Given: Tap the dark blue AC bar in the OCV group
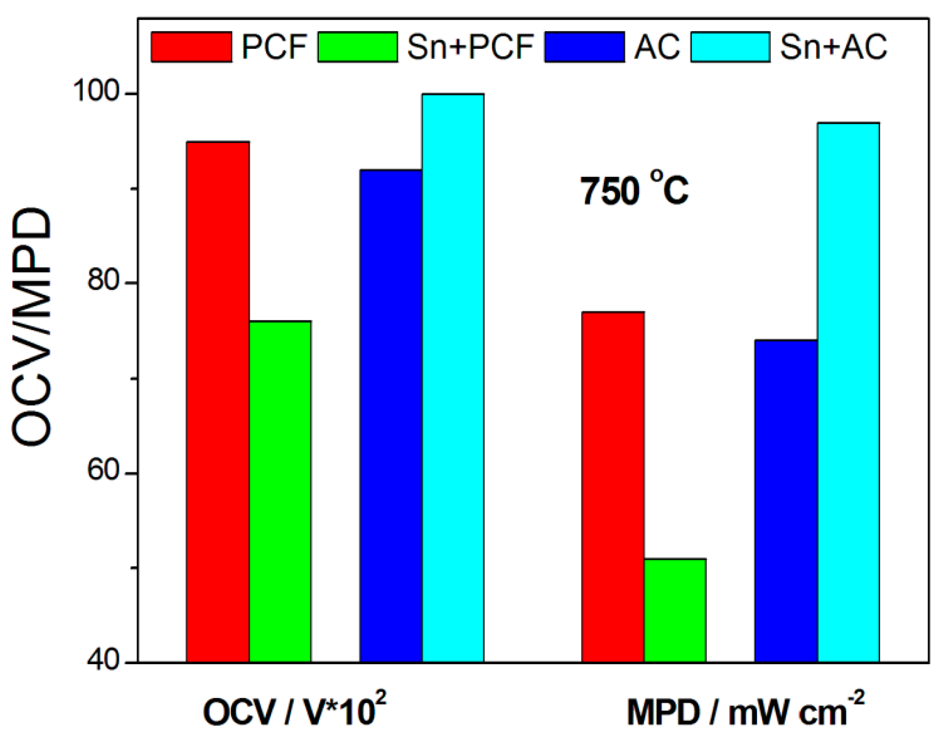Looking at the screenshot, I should pos(391,415).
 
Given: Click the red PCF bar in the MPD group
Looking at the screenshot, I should pos(613,487).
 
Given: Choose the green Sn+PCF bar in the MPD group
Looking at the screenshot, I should pos(676,610).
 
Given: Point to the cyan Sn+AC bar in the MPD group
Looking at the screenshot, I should pos(849,392).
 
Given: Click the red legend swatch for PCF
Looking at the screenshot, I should pos(191,47).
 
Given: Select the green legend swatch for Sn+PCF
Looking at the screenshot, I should pos(358,47).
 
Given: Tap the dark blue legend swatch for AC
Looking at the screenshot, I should pos(585,47).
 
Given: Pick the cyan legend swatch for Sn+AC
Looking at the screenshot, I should pos(730,47).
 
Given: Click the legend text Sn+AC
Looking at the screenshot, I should pos(833,47).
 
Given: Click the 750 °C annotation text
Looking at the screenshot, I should pos(635,190).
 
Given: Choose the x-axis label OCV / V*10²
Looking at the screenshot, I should pos(294,710).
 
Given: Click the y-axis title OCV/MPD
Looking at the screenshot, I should pos(32,328).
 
